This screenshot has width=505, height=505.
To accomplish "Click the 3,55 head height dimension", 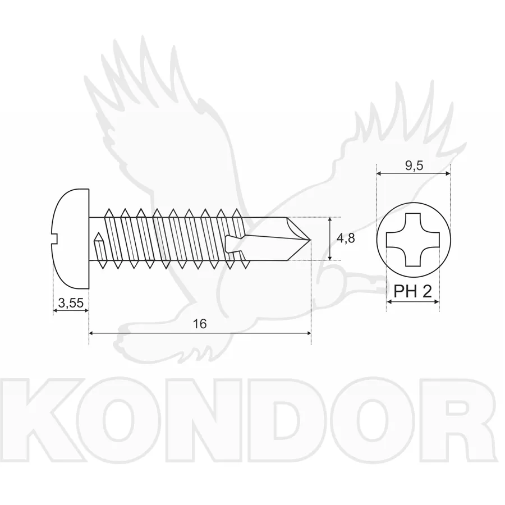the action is pos(71,303).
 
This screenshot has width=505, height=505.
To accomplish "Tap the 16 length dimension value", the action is pos(200,324).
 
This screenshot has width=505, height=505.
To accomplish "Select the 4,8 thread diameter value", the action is pos(346,238).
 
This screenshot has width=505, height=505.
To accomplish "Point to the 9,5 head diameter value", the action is pos(414,166).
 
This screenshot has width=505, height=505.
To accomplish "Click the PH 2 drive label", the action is pos(413,291).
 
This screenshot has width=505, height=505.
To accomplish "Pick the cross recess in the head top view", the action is pos(413,240).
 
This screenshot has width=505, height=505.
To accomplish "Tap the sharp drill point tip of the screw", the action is pos(310,239).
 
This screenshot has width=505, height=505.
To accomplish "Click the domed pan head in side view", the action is pos(71,238).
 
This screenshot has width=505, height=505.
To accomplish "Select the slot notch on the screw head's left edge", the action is pos(54,238).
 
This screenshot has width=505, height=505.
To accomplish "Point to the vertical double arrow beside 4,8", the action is pos(329,238).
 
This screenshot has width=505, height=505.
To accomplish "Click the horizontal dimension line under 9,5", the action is pos(414,173).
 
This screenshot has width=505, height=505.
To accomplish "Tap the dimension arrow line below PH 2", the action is pos(413,302).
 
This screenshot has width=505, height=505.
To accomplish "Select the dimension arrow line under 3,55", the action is pos(71,310).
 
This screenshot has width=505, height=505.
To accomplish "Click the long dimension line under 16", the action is pos(200,333).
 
